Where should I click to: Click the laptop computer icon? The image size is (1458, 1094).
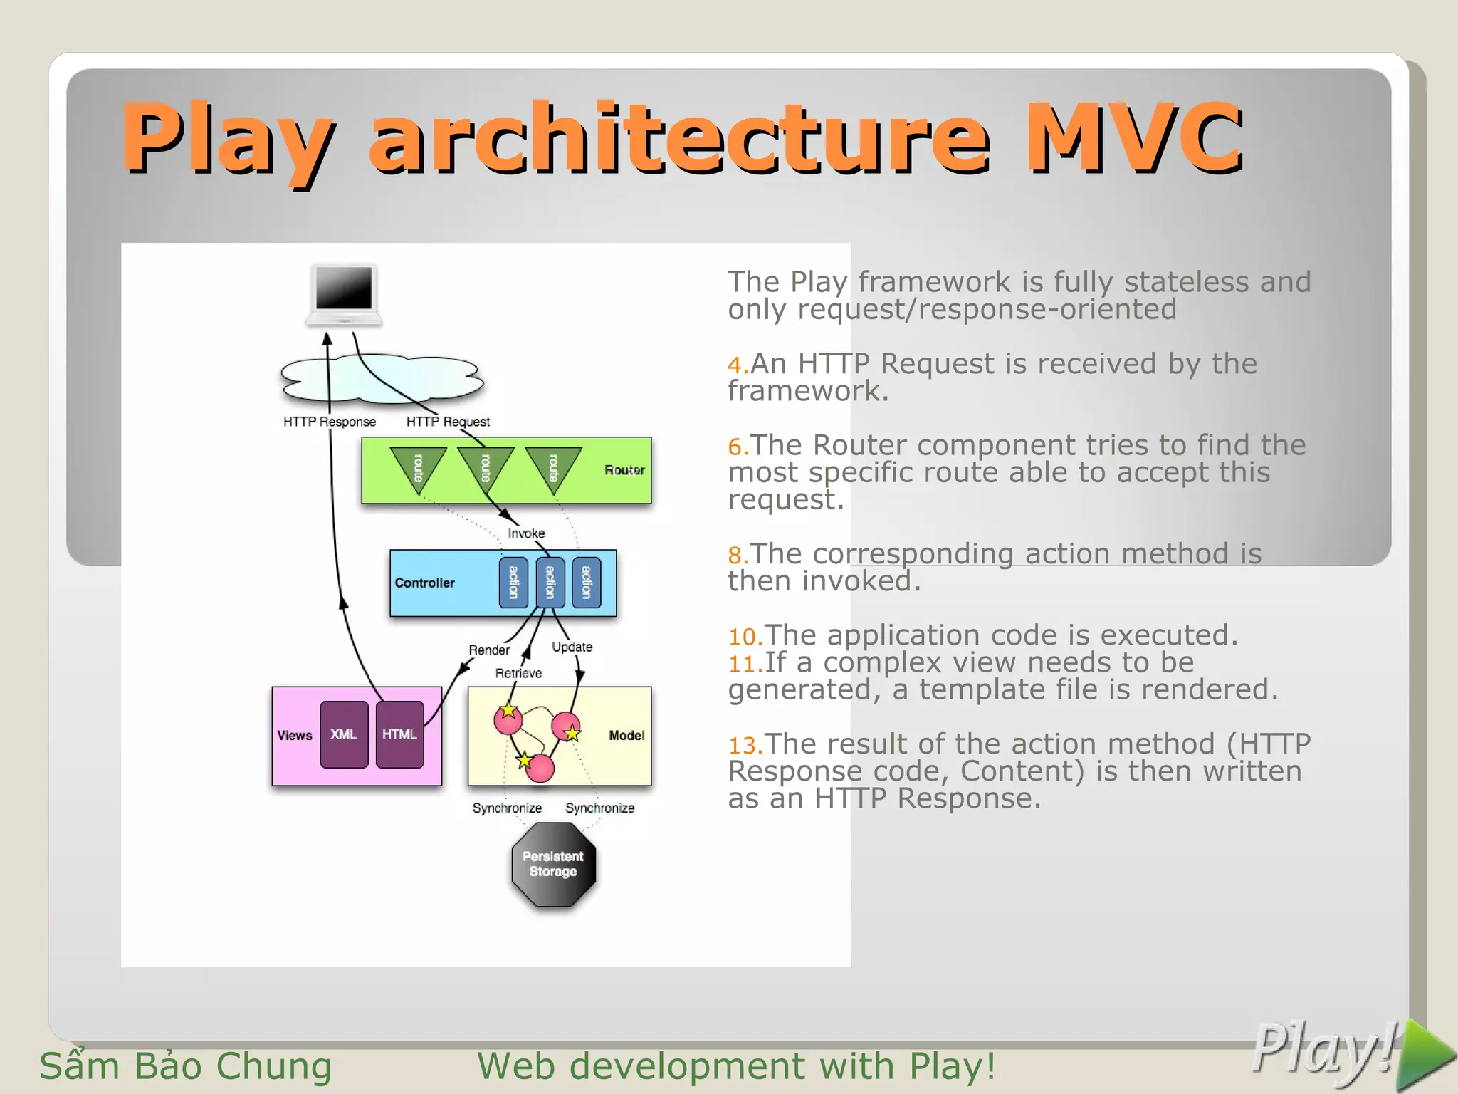(x=344, y=294)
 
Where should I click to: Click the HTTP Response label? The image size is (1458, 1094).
(x=329, y=422)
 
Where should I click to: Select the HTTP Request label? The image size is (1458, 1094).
(x=448, y=422)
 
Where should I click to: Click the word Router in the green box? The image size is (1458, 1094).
(x=624, y=470)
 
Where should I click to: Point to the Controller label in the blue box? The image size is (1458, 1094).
(x=424, y=583)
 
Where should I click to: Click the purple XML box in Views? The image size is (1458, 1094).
(x=344, y=734)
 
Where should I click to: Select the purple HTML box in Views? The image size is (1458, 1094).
(x=399, y=734)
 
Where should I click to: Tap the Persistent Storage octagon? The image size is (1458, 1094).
(x=553, y=864)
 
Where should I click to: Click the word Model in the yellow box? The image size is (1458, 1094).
(x=626, y=735)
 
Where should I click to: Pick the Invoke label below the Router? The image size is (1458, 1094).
(x=526, y=533)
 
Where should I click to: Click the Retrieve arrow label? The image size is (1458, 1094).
(x=518, y=673)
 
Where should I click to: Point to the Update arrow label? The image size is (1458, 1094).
(x=572, y=647)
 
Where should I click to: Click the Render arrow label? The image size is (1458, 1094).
(x=488, y=650)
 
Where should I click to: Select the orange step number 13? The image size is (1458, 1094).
(x=745, y=746)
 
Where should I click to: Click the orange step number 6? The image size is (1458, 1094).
(x=738, y=447)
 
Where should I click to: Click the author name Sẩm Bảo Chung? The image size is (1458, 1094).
(x=185, y=1066)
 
